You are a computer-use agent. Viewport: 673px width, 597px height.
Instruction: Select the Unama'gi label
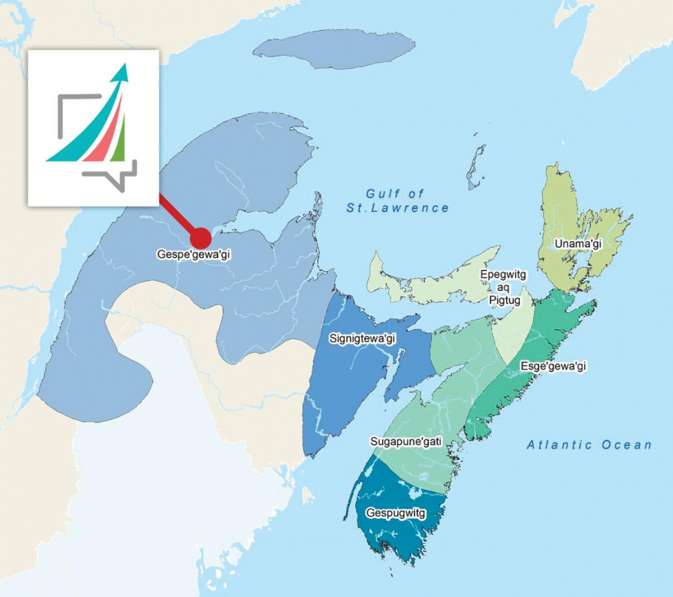(577, 244)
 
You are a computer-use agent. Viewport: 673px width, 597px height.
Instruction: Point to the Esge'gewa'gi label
(554, 366)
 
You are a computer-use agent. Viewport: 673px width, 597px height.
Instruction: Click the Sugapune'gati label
(406, 442)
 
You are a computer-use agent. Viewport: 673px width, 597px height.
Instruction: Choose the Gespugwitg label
(396, 513)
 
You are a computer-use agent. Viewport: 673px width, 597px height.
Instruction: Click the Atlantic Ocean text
(589, 444)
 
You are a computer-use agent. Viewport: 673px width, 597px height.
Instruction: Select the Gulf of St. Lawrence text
(398, 201)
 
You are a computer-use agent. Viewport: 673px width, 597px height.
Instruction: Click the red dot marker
(200, 237)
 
